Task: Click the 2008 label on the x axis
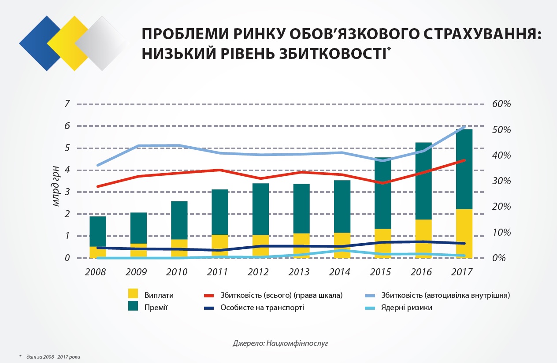pyautogui.click(x=95, y=272)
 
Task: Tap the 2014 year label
pyautogui.click(x=340, y=272)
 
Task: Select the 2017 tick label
pyautogui.click(x=462, y=272)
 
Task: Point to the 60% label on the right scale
pyautogui.click(x=501, y=104)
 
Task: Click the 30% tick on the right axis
pyautogui.click(x=501, y=181)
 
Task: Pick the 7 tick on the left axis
pyautogui.click(x=67, y=104)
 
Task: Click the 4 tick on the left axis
pyautogui.click(x=67, y=170)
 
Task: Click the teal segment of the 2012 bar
pyautogui.click(x=261, y=207)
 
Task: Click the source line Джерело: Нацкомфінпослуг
pyautogui.click(x=281, y=342)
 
